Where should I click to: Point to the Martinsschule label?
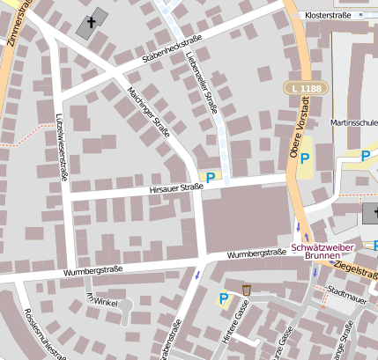(x=354, y=122)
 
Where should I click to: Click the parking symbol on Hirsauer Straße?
(x=211, y=177)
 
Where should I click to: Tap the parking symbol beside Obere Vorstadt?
(x=305, y=158)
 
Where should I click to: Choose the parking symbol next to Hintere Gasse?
(x=224, y=299)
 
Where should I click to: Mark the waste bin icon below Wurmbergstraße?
(x=247, y=290)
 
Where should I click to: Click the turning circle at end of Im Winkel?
(x=126, y=308)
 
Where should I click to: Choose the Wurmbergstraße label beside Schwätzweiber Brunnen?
(x=256, y=253)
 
